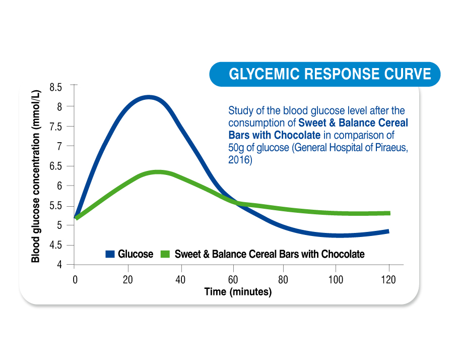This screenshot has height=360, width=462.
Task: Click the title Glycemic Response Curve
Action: click(x=330, y=74)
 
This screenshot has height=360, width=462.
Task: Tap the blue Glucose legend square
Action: click(x=110, y=254)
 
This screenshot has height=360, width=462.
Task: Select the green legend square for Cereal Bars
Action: click(x=165, y=254)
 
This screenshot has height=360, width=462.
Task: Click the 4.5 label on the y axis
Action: click(x=56, y=245)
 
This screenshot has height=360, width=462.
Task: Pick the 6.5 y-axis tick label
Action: click(x=56, y=166)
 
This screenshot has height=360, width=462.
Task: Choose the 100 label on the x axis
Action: click(x=336, y=279)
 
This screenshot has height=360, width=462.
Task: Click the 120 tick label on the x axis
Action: click(x=388, y=279)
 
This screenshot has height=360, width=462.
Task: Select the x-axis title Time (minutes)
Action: click(x=238, y=291)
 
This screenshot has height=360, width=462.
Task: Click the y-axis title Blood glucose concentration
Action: click(x=36, y=176)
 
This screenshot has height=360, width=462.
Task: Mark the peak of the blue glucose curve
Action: click(x=149, y=97)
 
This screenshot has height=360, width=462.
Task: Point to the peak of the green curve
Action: click(x=159, y=172)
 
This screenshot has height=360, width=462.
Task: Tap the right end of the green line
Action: click(x=390, y=213)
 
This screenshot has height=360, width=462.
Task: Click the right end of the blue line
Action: click(x=388, y=231)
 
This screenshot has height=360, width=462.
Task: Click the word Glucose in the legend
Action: click(x=136, y=254)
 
